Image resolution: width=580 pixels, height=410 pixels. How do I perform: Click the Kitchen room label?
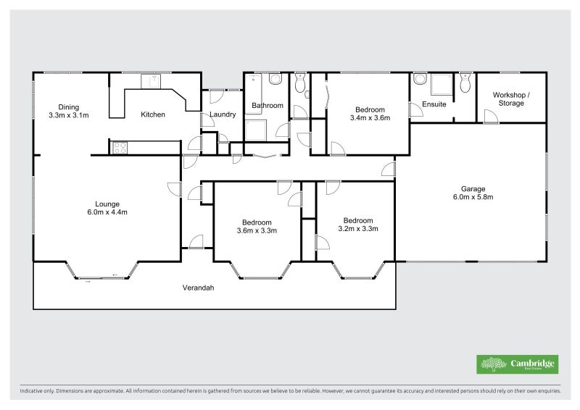click(152, 114)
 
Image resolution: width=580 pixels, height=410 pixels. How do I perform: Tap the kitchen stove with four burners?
click(118, 148)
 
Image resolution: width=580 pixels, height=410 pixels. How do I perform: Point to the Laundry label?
click(222, 114)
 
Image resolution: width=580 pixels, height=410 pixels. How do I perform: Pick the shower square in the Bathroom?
click(256, 130)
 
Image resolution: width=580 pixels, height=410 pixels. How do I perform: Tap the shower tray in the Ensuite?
click(439, 86)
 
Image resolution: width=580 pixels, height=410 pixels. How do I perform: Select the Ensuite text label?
click(434, 104)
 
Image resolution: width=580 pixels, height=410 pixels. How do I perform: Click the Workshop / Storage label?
click(511, 99)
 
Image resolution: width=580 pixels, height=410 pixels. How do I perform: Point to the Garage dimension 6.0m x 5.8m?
click(469, 197)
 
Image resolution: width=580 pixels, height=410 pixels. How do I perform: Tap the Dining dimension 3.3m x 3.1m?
click(69, 115)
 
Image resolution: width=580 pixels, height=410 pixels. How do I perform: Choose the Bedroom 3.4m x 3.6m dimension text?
click(370, 117)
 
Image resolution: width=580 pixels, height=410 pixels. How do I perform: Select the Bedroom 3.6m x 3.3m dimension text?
click(257, 230)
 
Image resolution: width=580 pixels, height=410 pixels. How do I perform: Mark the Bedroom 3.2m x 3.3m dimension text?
click(358, 229)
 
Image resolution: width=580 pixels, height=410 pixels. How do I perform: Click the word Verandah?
click(198, 288)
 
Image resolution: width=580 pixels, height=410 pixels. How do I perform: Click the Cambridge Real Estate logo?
click(517, 364)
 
